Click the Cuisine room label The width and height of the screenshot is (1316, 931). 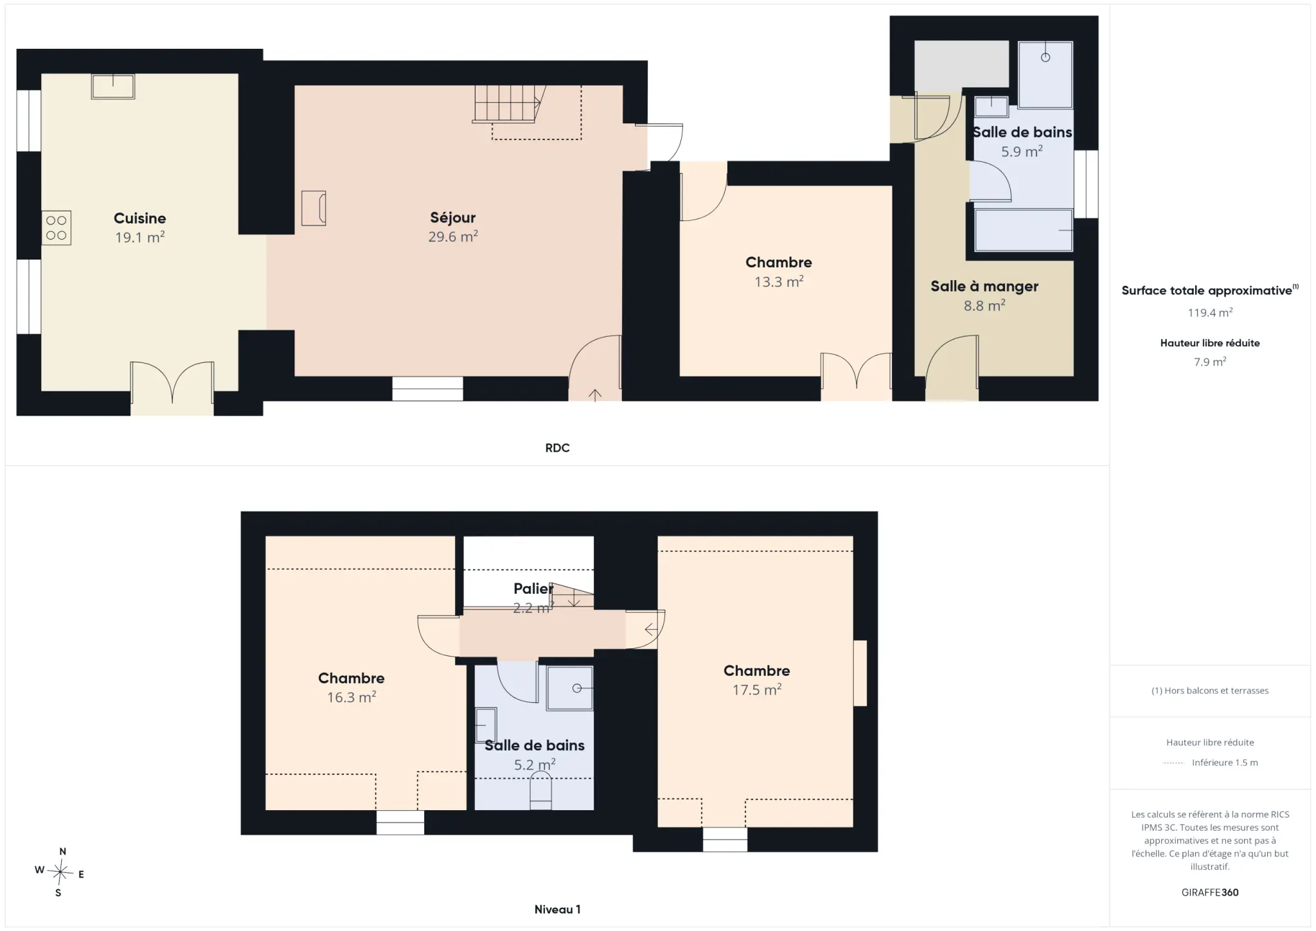[x=139, y=218]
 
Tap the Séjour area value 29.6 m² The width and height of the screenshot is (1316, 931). [x=453, y=236]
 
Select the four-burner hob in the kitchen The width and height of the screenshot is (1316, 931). [x=57, y=228]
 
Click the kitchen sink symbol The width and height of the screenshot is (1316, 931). [x=113, y=87]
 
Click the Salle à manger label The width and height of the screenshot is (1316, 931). [x=984, y=287]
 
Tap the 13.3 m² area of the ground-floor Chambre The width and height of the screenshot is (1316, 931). [x=779, y=281]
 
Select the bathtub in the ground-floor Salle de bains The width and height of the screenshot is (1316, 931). [x=1024, y=230]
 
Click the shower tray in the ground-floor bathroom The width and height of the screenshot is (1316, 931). [x=1045, y=75]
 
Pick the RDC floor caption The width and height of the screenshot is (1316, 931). [x=557, y=448]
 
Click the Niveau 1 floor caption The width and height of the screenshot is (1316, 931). [x=557, y=909]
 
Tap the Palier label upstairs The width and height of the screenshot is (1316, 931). [x=533, y=589]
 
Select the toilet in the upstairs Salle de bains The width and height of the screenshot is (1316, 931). [x=540, y=791]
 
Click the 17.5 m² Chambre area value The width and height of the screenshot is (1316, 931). [x=757, y=689]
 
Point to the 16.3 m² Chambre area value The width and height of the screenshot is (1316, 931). [x=351, y=697]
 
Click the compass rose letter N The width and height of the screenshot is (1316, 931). [x=62, y=851]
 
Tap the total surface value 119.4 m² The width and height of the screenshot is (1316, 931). [x=1210, y=313]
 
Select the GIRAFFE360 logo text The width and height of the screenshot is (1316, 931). [x=1210, y=892]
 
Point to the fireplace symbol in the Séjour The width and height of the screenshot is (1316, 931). [x=314, y=208]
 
